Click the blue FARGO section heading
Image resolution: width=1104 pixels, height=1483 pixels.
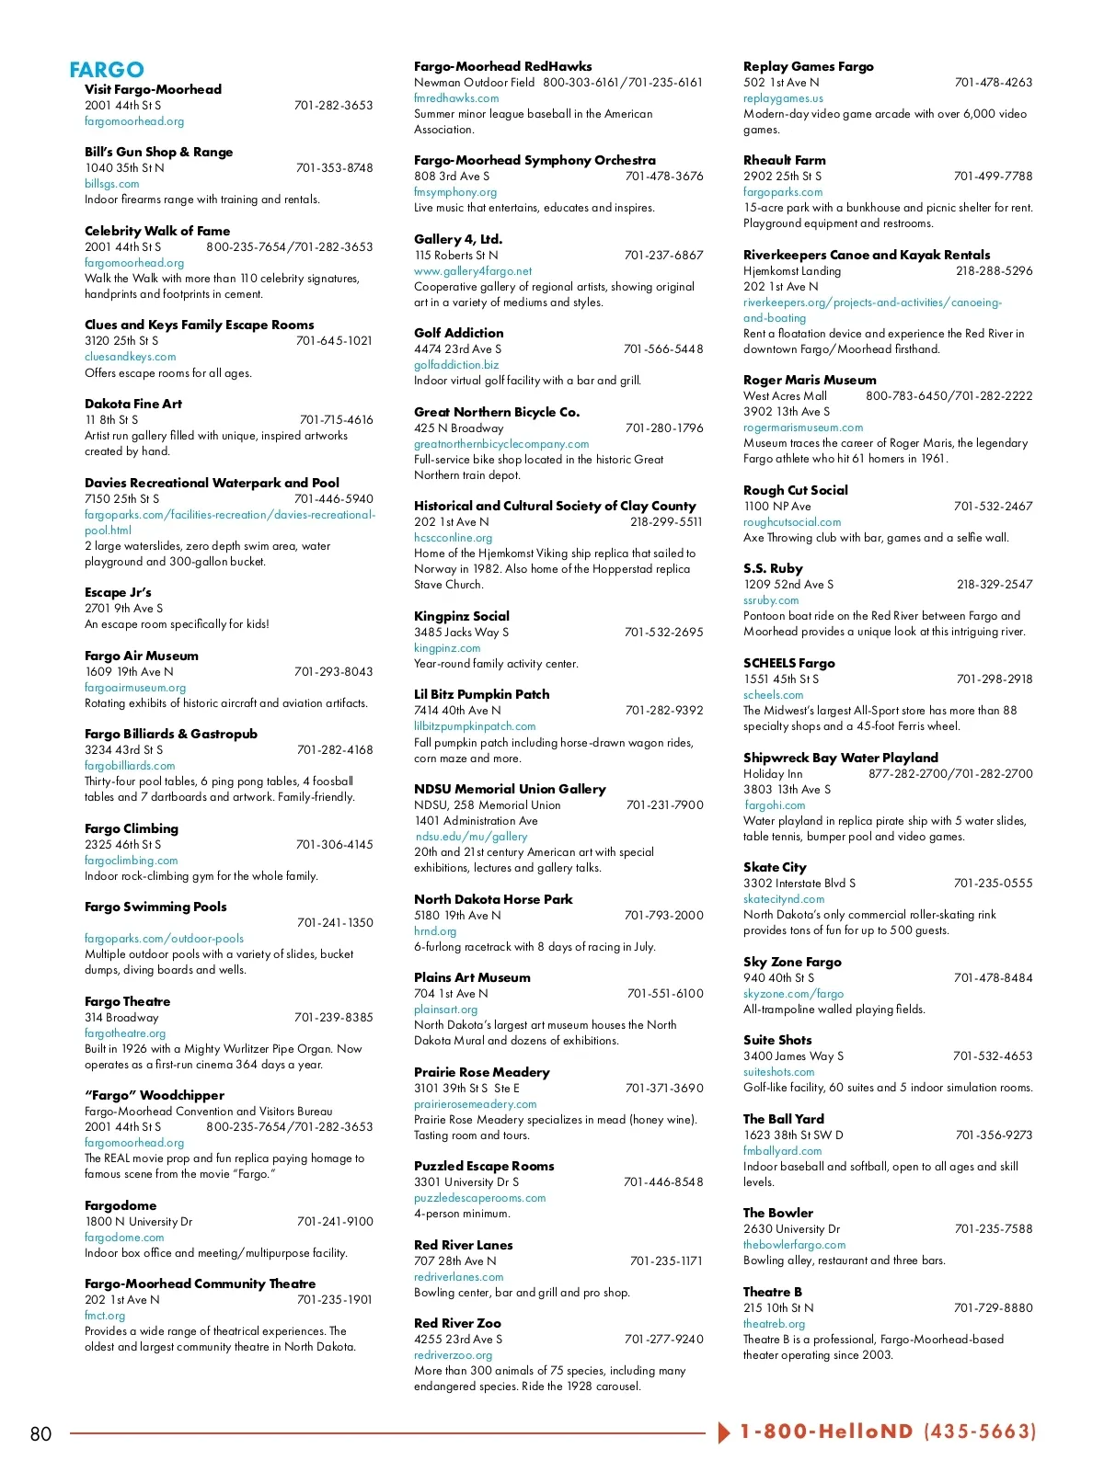107,70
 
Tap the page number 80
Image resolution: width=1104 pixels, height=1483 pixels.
41,1434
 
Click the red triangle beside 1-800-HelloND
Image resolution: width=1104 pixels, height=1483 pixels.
724,1432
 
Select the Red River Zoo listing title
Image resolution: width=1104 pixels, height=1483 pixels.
457,1323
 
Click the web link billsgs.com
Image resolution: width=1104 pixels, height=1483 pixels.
112,184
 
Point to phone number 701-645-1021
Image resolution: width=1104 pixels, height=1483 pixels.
334,341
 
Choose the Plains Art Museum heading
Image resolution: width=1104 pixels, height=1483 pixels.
472,977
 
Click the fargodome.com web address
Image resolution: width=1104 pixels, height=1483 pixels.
124,1238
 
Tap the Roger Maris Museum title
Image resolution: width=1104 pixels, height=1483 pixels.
810,380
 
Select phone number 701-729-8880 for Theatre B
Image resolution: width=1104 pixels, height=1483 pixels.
993,1308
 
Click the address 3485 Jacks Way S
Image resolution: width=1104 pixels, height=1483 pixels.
461,633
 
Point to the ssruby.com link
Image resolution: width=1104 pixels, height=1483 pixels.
771,600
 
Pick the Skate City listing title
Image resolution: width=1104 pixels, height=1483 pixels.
775,867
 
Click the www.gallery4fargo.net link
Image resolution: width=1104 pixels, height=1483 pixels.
473,271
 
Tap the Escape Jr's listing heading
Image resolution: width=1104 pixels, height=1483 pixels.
118,593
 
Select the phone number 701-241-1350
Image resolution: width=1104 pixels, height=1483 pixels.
335,923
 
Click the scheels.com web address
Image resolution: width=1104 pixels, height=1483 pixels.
773,695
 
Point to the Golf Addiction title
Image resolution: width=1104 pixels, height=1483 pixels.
459,333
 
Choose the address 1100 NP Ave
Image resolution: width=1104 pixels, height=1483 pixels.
777,507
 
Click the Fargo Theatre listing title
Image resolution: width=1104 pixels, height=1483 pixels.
127,1001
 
